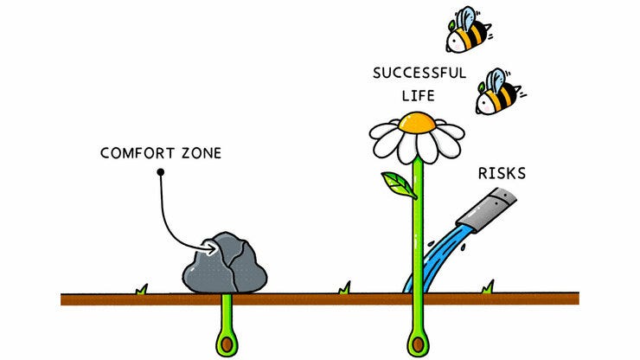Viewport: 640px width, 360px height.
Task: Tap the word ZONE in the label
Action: (x=200, y=154)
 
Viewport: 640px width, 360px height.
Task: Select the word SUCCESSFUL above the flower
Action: (x=419, y=73)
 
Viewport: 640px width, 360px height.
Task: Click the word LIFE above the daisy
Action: (x=418, y=95)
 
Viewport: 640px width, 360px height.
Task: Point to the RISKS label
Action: (x=502, y=173)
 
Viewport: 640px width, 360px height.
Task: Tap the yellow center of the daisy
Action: (x=419, y=122)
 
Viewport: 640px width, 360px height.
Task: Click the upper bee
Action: (x=468, y=34)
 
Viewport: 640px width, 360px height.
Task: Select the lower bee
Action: (x=498, y=94)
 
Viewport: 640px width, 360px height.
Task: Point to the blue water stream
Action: (x=438, y=255)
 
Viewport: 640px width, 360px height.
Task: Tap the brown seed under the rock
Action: (x=227, y=344)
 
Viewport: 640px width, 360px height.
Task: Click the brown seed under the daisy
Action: (x=419, y=344)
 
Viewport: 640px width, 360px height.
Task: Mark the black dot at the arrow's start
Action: (x=160, y=173)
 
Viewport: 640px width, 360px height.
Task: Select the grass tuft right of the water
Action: (x=489, y=286)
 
